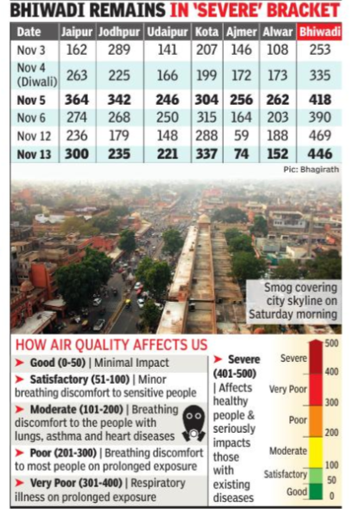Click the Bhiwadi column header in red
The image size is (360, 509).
point(319,32)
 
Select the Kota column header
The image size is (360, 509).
point(206,32)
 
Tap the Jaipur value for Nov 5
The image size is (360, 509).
point(77,99)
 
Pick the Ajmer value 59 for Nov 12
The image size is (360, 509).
point(242,135)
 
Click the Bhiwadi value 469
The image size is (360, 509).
point(319,135)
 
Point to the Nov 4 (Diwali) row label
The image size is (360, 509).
point(36,74)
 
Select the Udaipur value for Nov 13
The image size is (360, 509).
point(167,154)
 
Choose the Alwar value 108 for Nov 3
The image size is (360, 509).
point(277,50)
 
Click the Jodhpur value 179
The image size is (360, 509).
point(119,135)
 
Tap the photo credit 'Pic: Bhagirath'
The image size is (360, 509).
point(311,169)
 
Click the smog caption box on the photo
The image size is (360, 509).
point(293,301)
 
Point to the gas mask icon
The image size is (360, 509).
point(194,424)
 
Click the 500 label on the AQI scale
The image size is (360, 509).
point(331,343)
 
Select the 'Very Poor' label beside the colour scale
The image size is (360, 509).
point(287,389)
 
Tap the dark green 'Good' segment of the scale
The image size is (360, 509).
point(316,491)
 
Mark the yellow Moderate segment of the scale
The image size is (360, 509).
point(316,452)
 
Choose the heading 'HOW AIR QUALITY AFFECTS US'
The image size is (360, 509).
point(112,345)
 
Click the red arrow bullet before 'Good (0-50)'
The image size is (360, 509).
point(19,363)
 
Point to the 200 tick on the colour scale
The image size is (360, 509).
point(331,433)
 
